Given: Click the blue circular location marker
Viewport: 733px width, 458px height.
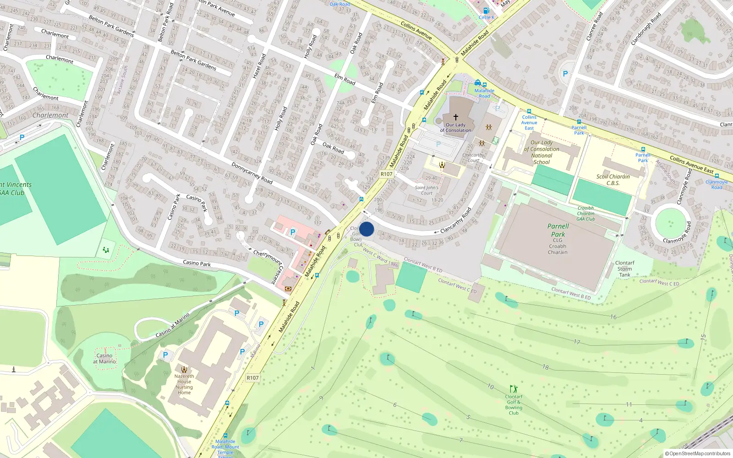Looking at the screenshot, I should tap(366, 229).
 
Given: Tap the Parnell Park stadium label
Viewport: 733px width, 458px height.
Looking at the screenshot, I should tap(558, 230).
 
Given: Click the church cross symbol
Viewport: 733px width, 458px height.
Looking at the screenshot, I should tap(455, 117).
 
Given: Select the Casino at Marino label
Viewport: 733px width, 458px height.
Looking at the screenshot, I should tap(104, 359).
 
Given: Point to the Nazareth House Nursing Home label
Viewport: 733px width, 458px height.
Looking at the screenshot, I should tap(184, 384).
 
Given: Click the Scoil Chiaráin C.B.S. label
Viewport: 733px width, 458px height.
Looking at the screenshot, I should tap(613, 180).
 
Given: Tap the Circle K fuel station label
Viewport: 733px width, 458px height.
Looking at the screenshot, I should tap(486, 17).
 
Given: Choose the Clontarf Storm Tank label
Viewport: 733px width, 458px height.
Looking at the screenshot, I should tap(624, 269).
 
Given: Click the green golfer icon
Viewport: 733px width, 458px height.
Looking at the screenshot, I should tap(514, 389).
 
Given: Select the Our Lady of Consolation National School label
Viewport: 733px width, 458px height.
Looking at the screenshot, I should tap(542, 152).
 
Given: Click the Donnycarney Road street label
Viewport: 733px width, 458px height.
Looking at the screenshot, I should tap(252, 173).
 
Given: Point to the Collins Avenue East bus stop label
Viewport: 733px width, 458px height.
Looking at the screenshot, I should tap(529, 123).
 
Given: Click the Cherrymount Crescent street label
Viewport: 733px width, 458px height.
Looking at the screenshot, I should tap(269, 266).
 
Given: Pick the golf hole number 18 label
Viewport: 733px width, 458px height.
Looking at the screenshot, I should tap(545, 367).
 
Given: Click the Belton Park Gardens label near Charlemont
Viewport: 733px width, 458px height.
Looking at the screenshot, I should tap(111, 26).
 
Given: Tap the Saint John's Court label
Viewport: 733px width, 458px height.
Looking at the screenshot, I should tap(427, 190).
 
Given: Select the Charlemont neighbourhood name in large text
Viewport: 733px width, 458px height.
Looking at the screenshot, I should tap(50, 115).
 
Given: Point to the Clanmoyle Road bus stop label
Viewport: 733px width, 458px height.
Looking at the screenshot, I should tap(717, 185).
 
